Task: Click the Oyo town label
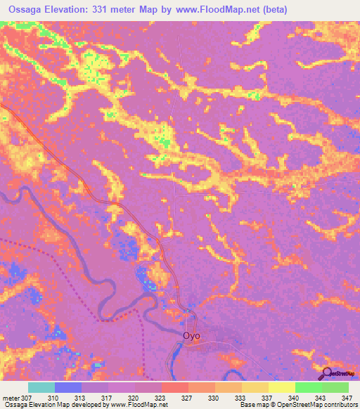191,336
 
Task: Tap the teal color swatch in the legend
41,387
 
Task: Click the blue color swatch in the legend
68,387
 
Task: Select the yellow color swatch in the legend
281,387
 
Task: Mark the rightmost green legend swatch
335,387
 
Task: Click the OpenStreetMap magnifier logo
328,373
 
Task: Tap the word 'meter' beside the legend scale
11,398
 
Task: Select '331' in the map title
115,10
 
